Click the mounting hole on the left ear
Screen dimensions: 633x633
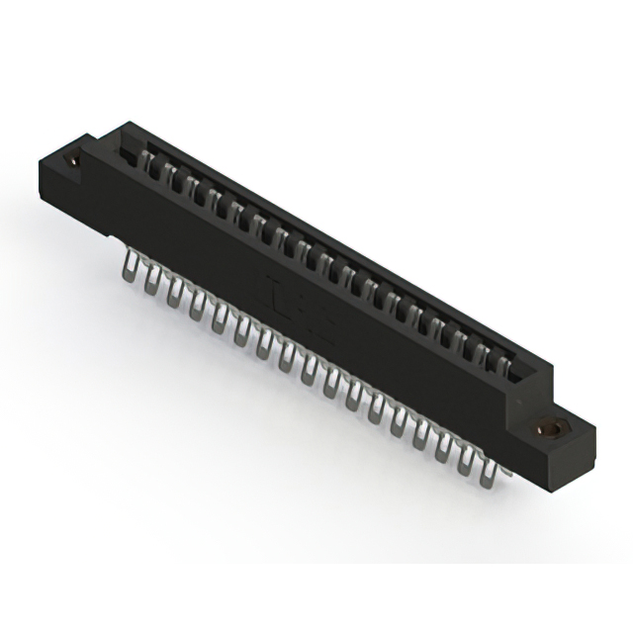tap(72, 156)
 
